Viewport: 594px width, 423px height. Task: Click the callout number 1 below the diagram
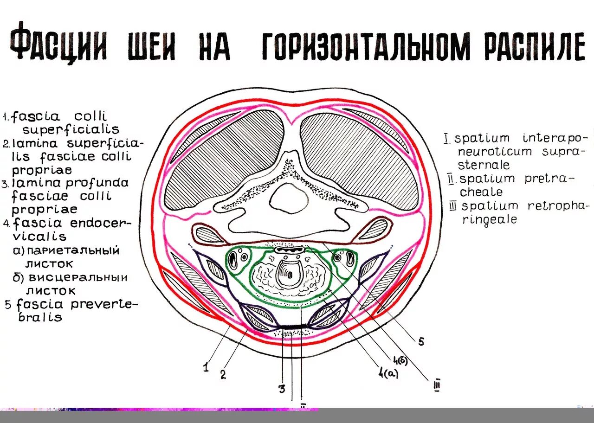click(x=206, y=368)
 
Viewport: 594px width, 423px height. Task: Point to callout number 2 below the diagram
click(x=223, y=375)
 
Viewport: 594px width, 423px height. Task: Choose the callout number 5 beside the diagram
click(x=421, y=342)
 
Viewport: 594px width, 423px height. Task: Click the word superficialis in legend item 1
click(x=71, y=130)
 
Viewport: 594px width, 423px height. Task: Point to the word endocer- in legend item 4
click(x=101, y=224)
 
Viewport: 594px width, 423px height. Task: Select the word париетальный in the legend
click(x=73, y=250)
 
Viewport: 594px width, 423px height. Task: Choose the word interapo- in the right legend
click(x=555, y=138)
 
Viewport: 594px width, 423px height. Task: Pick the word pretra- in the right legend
click(x=549, y=179)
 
